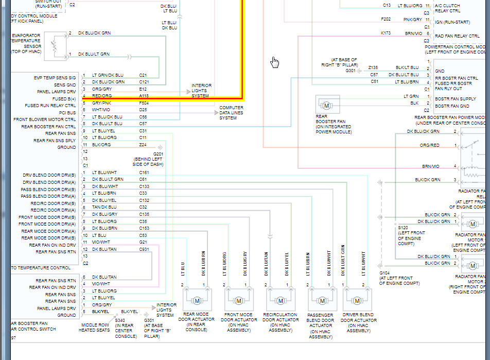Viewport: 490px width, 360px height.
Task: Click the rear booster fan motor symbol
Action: [x=325, y=105]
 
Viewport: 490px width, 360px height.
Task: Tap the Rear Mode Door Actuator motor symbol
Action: [x=197, y=300]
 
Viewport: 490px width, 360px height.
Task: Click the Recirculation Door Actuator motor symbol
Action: [x=281, y=300]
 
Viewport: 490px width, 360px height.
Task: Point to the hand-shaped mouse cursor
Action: [x=275, y=62]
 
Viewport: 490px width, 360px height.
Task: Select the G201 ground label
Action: [x=158, y=155]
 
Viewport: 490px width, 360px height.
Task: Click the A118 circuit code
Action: [x=144, y=95]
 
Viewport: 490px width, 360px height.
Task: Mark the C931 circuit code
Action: [x=145, y=249]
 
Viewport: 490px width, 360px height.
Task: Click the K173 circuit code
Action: [x=386, y=33]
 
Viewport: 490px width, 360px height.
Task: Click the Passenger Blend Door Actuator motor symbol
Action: [x=322, y=300]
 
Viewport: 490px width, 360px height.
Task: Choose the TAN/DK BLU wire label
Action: [x=104, y=207]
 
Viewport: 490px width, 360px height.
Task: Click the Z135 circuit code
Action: [x=373, y=67]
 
